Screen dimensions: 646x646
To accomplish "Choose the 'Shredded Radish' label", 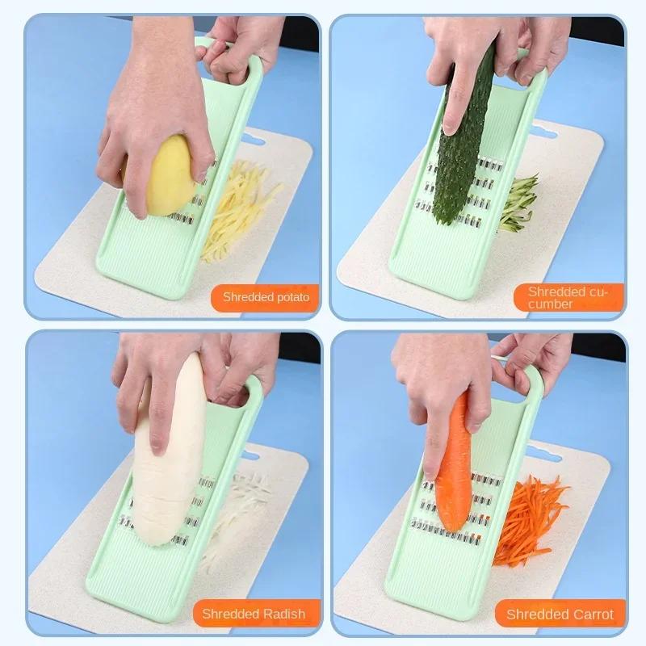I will click(x=254, y=614).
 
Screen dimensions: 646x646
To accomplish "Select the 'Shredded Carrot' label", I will click(x=560, y=615).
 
